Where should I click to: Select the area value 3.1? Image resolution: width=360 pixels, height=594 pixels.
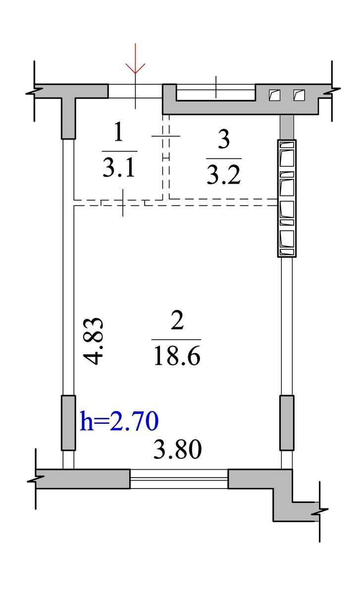[119, 168]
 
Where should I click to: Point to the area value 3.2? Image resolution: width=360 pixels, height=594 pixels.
[223, 175]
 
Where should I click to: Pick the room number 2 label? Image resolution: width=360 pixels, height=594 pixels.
[177, 320]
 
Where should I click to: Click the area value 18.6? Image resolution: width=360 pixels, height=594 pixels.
[177, 356]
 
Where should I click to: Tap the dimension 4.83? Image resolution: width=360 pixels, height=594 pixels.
[93, 341]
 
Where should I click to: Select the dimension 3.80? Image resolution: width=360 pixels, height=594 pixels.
[177, 449]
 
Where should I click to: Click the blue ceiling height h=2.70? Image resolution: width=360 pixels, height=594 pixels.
[119, 421]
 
